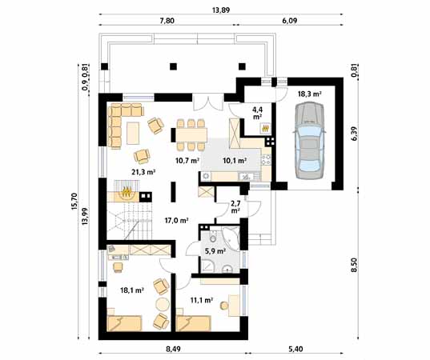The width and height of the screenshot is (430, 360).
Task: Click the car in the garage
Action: [309, 141]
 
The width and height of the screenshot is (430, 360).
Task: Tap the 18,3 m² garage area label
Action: [310, 94]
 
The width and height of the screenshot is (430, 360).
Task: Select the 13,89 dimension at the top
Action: [221, 10]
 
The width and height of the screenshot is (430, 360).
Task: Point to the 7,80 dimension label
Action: [167, 21]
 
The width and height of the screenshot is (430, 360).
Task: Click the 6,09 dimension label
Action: [290, 21]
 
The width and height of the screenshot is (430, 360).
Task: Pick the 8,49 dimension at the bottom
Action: [173, 349]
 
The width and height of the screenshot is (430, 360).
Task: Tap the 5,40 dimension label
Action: [295, 349]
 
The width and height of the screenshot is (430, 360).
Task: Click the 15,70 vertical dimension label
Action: [74, 202]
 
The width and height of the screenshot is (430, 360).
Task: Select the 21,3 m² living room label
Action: [143, 172]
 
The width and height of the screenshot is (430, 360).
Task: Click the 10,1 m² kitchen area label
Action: [235, 161]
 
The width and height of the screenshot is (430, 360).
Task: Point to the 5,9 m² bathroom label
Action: [215, 250]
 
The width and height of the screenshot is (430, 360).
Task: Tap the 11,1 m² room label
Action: [202, 300]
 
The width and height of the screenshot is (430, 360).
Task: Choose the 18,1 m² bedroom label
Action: [132, 290]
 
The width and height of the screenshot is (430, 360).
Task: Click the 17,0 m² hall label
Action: [176, 220]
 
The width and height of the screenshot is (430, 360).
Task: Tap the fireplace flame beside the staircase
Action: [127, 191]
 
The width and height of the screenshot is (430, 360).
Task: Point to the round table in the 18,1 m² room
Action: [163, 304]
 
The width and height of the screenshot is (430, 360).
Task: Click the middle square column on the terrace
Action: [173, 66]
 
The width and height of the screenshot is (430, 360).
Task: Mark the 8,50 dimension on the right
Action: [355, 265]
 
